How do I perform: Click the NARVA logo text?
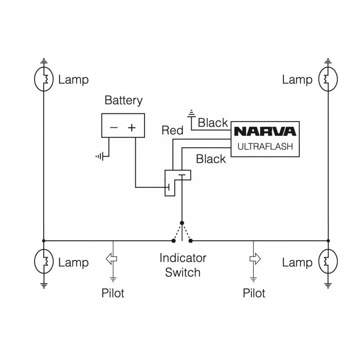pyautogui.click(x=265, y=131)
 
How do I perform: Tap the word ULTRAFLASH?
pyautogui.click(x=265, y=147)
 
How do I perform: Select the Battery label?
pyautogui.click(x=123, y=100)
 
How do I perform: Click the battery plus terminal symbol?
pyautogui.click(x=131, y=127)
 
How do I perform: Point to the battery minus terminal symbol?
pyautogui.click(x=114, y=127)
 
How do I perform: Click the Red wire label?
pyautogui.click(x=172, y=130)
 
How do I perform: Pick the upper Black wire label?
pyautogui.click(x=213, y=122)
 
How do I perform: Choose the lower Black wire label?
pyautogui.click(x=211, y=159)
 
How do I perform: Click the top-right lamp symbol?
pyautogui.click(x=328, y=79)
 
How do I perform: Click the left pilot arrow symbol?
pyautogui.click(x=112, y=259)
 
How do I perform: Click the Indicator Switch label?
pyautogui.click(x=183, y=265)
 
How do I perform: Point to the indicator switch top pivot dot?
pyautogui.click(x=182, y=223)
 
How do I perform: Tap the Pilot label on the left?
pyautogui.click(x=112, y=293)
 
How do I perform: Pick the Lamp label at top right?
pyautogui.click(x=297, y=80)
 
